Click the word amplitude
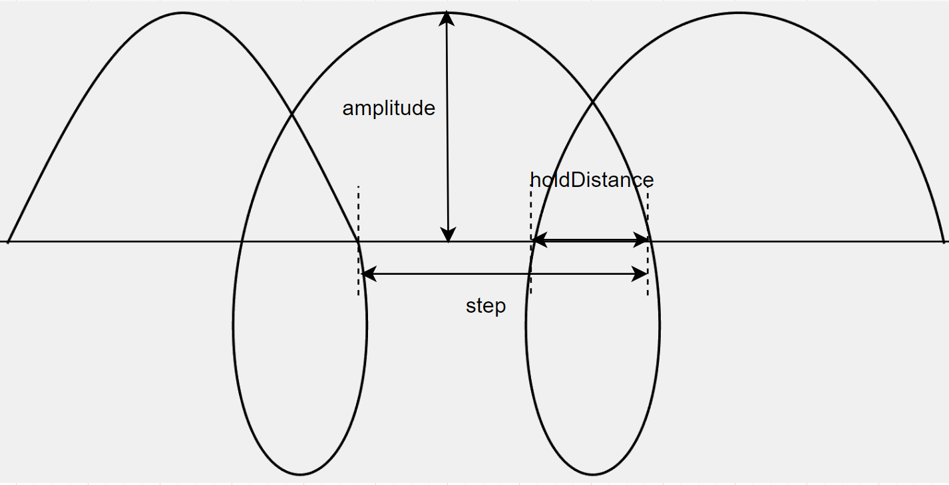[389, 108]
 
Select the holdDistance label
[592, 180]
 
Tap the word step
[486, 306]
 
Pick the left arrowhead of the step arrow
[367, 273]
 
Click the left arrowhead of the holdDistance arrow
[539, 240]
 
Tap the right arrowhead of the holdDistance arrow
[641, 240]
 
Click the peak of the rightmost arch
[737, 13]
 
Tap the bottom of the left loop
[300, 474]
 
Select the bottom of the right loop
[593, 474]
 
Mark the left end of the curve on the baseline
[8, 241]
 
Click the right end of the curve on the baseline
[943, 241]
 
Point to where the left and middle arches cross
[291, 115]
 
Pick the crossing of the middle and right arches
[592, 102]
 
